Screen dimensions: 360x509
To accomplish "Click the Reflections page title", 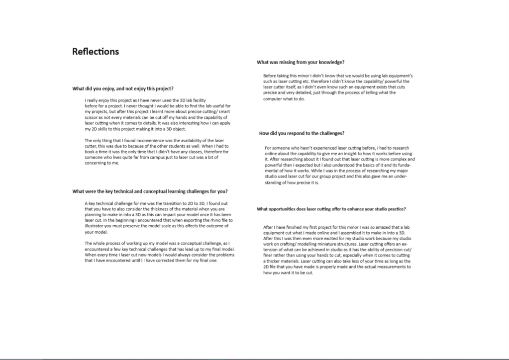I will pos(96,52).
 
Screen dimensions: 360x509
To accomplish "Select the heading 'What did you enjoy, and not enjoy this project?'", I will pos(123,89).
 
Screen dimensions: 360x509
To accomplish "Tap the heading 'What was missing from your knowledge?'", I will pos(301,62).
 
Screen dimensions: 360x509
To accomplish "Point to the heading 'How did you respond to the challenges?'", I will pos(302,133).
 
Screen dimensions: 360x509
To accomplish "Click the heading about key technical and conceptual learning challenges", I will pos(150,191).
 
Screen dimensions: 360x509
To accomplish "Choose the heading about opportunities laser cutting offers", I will pos(331,209).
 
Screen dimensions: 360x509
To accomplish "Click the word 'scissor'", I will pos(93,117).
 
